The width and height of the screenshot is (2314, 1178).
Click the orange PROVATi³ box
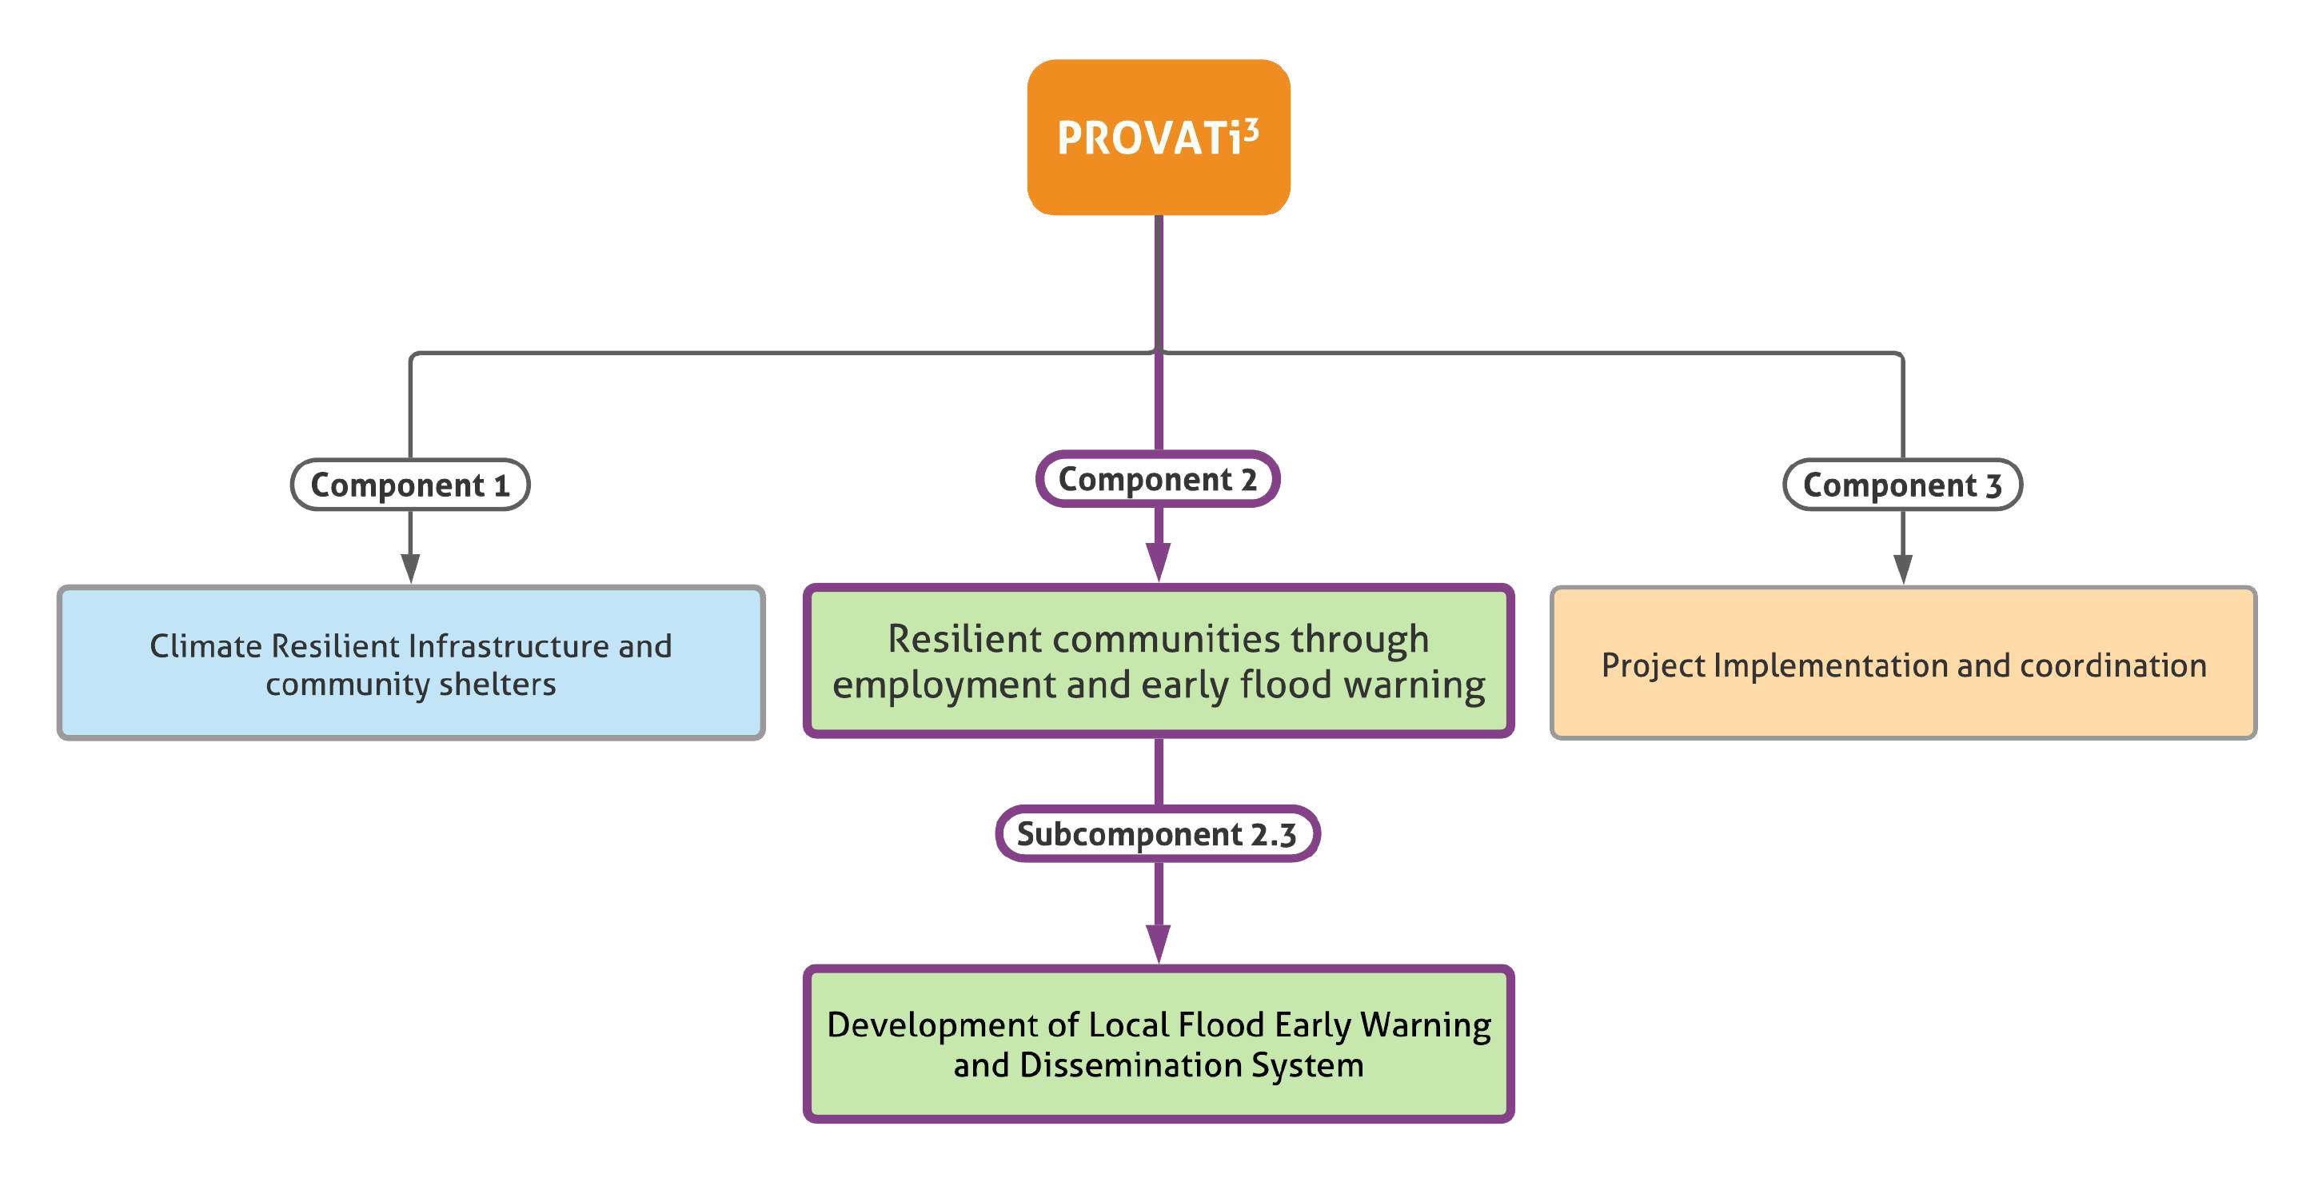point(1158,137)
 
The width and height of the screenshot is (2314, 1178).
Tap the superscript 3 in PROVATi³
point(1251,131)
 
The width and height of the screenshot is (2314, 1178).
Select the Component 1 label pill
point(409,485)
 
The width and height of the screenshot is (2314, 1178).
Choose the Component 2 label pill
point(1157,479)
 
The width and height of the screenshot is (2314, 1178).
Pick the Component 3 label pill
point(1901,485)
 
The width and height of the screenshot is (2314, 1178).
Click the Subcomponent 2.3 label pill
point(1157,833)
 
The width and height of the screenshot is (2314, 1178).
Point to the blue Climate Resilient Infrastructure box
point(410,663)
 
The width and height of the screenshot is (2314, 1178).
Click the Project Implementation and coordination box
point(1902,663)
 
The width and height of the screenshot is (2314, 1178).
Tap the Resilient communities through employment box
point(1158,661)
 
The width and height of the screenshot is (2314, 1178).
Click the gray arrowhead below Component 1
point(410,567)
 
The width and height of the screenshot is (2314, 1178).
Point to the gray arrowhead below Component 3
point(1902,567)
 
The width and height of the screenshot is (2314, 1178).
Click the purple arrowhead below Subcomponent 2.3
point(1158,942)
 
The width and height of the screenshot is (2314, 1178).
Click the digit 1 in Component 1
point(501,485)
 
